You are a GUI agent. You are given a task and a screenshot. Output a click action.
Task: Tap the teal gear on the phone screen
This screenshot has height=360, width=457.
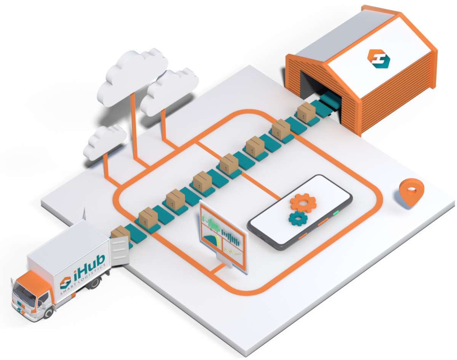[x=298, y=218]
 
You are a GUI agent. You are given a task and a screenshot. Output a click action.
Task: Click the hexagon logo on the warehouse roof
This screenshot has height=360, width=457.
[x=379, y=59]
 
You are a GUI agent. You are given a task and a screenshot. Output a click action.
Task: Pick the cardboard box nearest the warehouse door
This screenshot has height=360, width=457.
[x=305, y=111]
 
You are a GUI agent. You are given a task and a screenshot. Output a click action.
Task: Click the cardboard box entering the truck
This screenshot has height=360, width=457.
[x=120, y=234]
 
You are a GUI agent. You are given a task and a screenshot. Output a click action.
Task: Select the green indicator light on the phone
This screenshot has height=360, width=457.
[x=336, y=213]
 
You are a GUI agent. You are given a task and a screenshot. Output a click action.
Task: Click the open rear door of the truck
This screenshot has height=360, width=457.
[x=120, y=250]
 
